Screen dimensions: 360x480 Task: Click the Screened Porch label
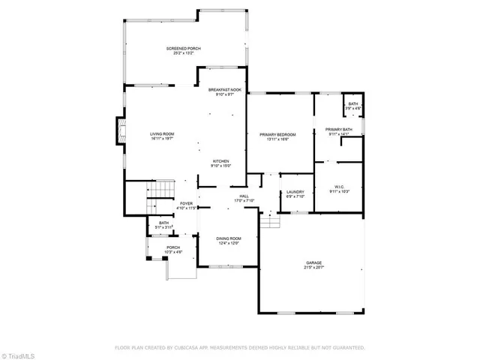click(184, 49)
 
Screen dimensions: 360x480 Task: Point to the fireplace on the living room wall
click(118, 132)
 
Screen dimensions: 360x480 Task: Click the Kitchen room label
click(220, 161)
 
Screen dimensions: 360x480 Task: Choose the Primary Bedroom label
click(277, 134)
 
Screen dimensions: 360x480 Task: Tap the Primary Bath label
click(339, 130)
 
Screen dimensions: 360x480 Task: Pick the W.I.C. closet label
click(339, 187)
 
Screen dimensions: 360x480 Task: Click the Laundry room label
click(295, 192)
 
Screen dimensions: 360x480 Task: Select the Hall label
click(244, 196)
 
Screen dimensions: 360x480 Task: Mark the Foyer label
click(186, 203)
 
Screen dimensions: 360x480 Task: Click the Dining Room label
click(229, 238)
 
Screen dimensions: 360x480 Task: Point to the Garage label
click(313, 262)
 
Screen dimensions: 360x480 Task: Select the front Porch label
click(173, 247)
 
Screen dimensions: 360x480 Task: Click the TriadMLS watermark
click(18, 353)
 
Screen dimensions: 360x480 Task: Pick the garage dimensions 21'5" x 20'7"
click(313, 268)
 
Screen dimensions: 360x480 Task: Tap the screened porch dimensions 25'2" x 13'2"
click(184, 53)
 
